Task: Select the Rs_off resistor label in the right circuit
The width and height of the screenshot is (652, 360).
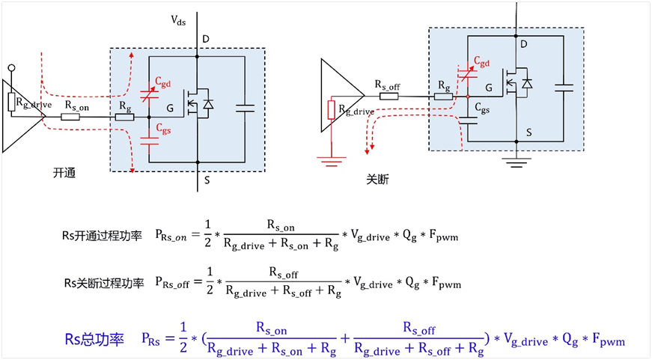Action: pyautogui.click(x=387, y=86)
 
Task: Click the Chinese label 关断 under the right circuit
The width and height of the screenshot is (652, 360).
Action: pyautogui.click(x=378, y=179)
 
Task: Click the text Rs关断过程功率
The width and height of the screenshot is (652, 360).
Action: pyautogui.click(x=103, y=284)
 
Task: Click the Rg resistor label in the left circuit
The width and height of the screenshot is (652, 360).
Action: pyautogui.click(x=124, y=106)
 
